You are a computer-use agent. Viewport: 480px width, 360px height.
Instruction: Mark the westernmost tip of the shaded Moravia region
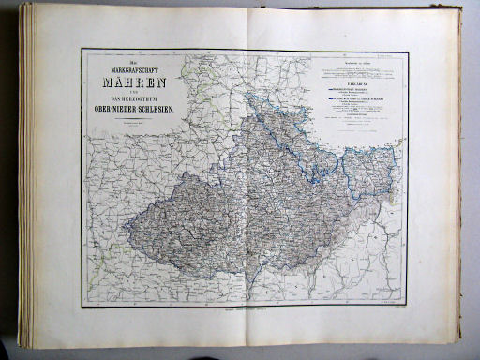(x=126, y=226)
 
